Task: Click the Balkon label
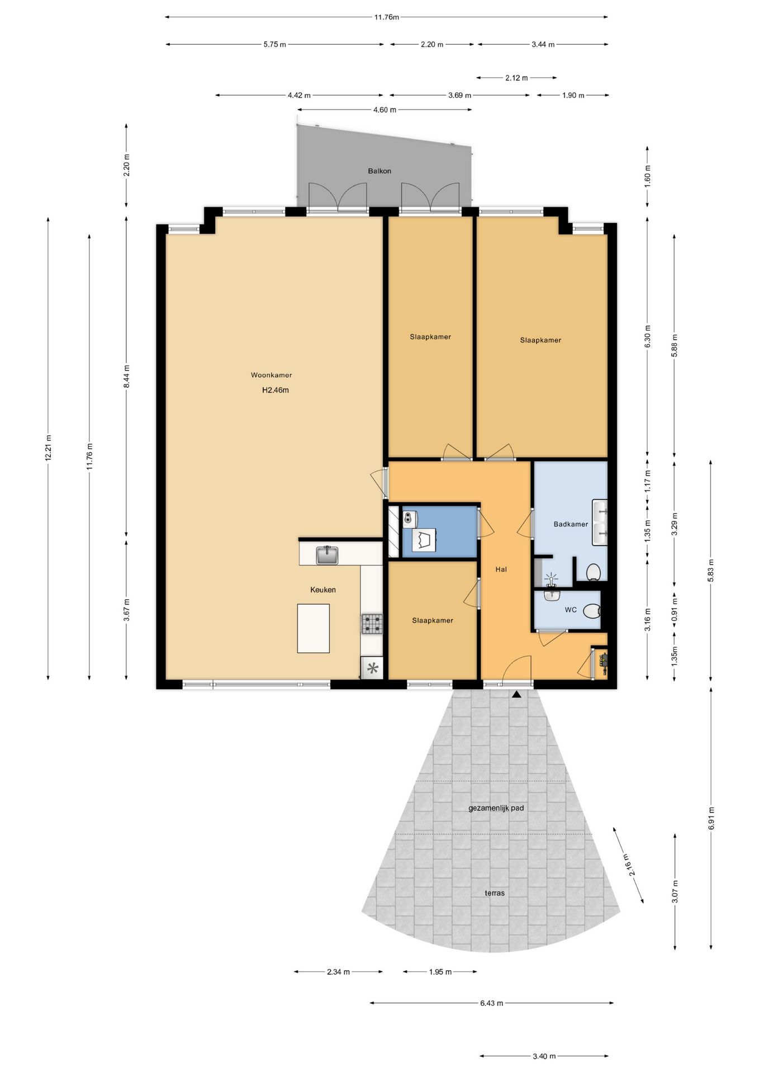click(x=379, y=171)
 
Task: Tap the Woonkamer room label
click(x=271, y=375)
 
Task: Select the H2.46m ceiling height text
click(x=276, y=390)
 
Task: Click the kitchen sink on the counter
click(x=327, y=555)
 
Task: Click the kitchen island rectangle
click(x=313, y=628)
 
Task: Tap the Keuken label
click(x=323, y=590)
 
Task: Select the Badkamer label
click(x=571, y=524)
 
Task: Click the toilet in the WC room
click(x=591, y=611)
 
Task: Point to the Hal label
click(x=501, y=569)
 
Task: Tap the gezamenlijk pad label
click(x=496, y=808)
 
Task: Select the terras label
click(x=495, y=893)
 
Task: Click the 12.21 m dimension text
click(x=49, y=448)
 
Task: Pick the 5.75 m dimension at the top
click(x=274, y=44)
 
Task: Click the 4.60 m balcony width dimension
click(x=385, y=110)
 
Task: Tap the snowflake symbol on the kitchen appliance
click(x=372, y=668)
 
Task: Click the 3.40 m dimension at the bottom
click(x=544, y=1056)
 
